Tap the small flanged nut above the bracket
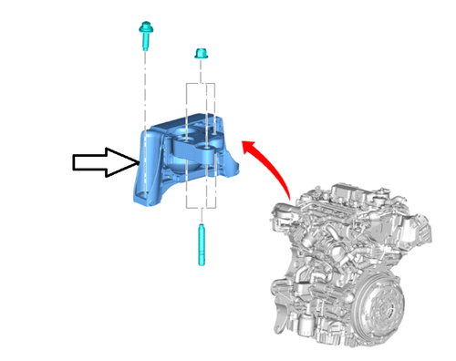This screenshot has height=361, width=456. pyautogui.click(x=199, y=56)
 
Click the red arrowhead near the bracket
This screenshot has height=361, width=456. pyautogui.click(x=244, y=143)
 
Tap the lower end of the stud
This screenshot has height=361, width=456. pyautogui.click(x=200, y=261)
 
